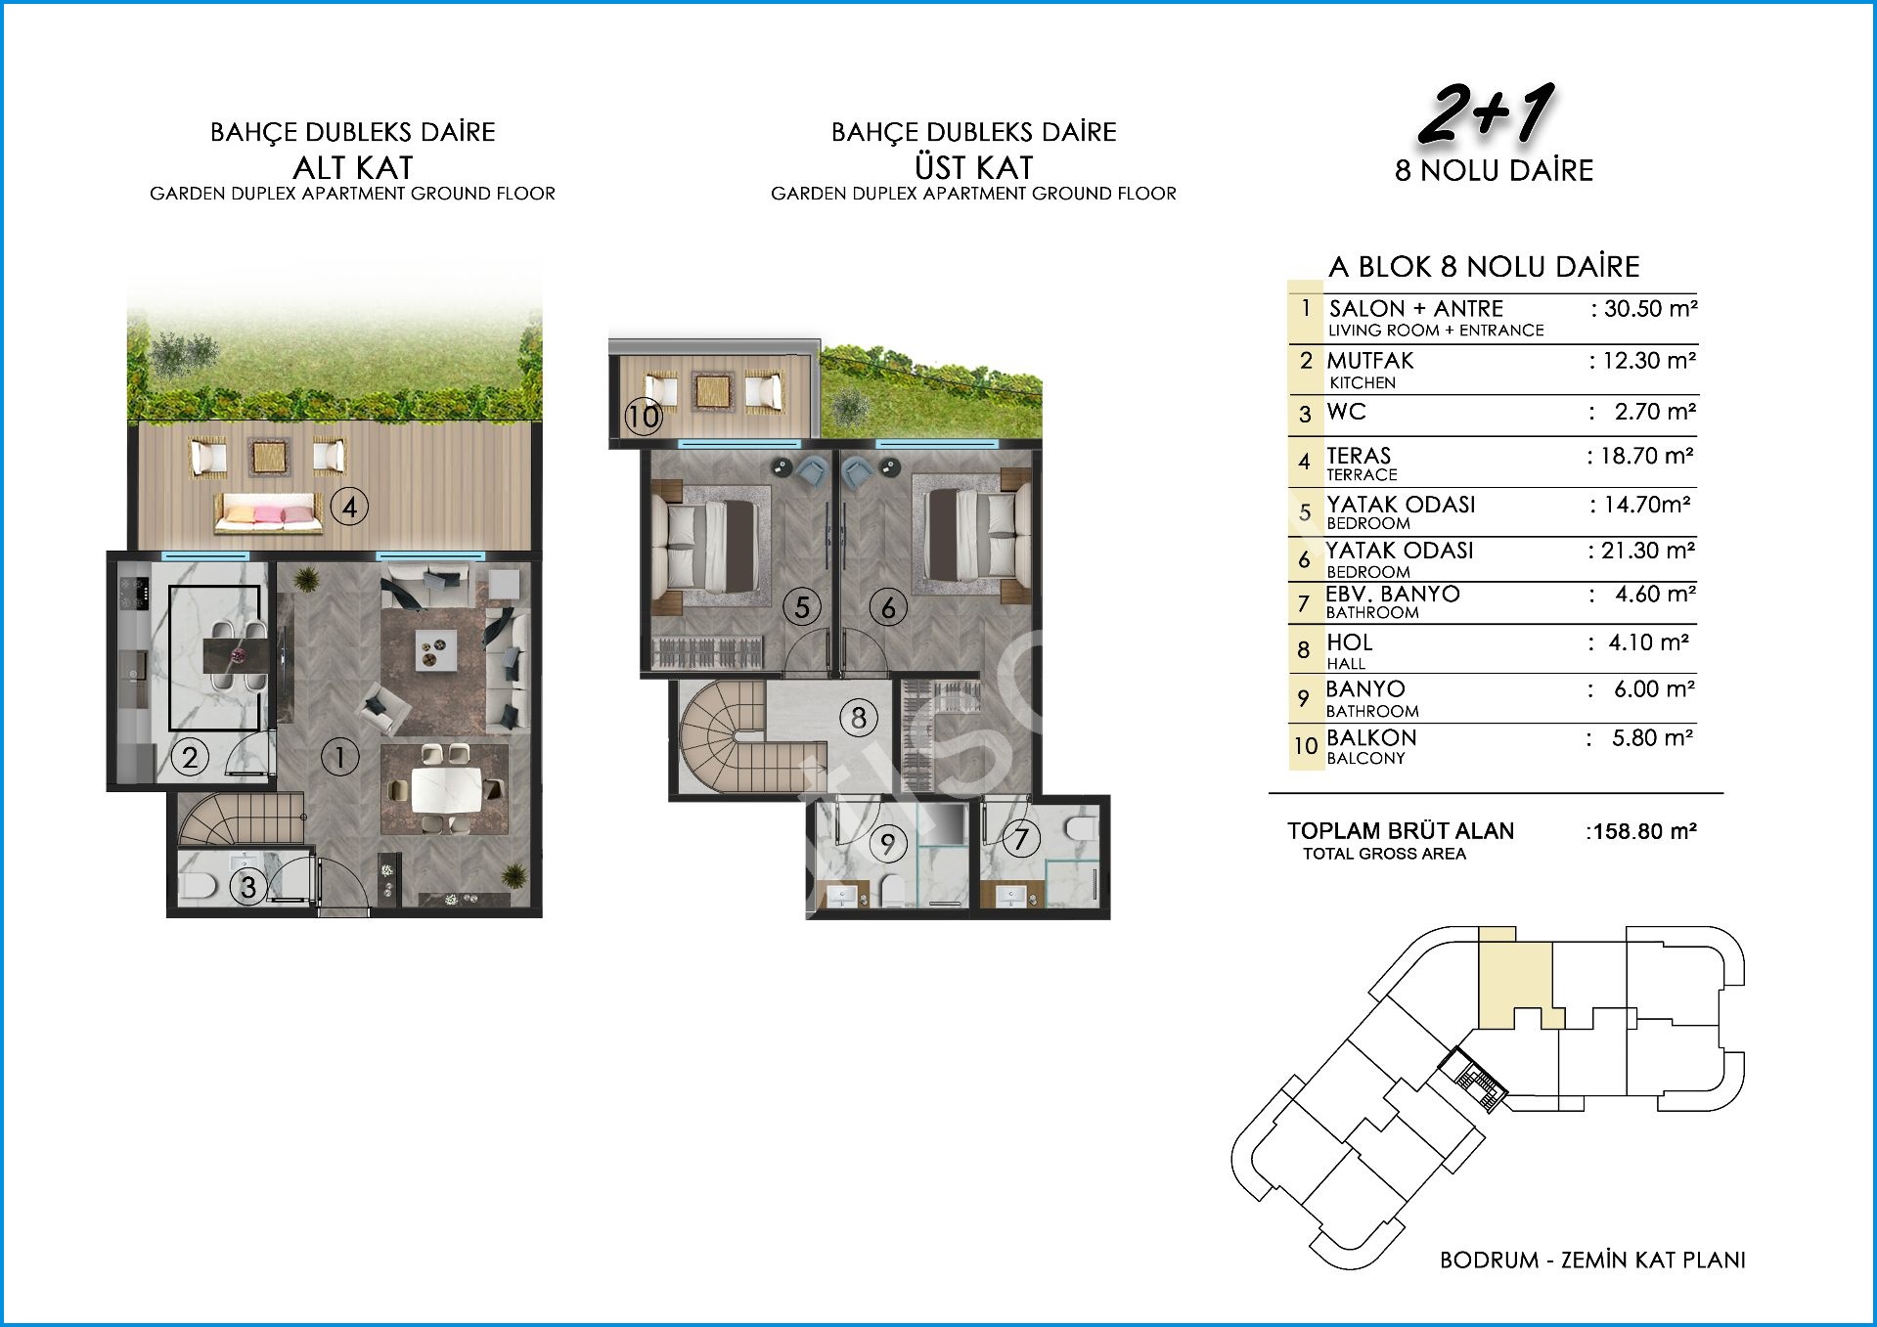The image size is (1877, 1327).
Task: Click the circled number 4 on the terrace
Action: (349, 507)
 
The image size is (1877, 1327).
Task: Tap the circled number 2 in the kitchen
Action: (190, 756)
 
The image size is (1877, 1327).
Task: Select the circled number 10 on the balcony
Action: (645, 418)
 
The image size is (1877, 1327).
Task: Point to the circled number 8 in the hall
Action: (858, 718)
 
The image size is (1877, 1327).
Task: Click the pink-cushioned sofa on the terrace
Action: (268, 512)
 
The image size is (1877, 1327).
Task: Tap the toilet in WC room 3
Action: (199, 886)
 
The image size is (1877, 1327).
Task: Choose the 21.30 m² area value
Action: (1642, 552)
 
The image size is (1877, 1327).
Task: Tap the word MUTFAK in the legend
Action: (1370, 361)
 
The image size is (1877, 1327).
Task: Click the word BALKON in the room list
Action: (1371, 737)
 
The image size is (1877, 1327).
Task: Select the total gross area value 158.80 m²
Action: (1641, 831)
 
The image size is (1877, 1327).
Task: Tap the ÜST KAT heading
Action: (974, 167)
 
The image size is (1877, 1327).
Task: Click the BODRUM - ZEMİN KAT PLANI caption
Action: (1592, 1260)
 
